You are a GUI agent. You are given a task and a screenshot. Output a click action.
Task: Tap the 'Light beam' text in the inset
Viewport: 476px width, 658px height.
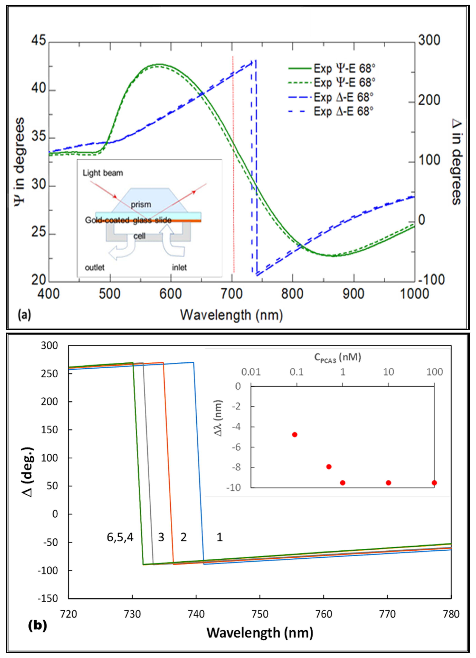[103, 173]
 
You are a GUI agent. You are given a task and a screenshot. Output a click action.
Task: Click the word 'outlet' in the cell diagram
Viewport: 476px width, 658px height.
[95, 267]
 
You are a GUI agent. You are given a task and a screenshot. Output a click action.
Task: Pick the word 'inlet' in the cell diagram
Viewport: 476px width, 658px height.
[179, 267]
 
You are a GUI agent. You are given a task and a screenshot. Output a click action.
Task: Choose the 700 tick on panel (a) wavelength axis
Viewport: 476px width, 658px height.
[232, 294]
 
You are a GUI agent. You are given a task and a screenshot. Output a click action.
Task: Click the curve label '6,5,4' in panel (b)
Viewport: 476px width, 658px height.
[120, 537]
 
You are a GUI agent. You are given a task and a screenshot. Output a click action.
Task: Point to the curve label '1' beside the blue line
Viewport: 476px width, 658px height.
[220, 537]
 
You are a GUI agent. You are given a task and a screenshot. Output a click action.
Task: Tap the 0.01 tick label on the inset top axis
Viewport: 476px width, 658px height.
[251, 372]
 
